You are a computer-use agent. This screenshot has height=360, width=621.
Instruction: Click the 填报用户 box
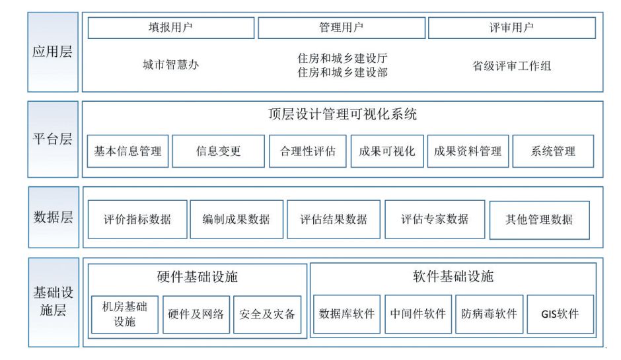pyautogui.click(x=170, y=28)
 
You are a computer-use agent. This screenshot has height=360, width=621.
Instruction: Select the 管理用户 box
pyautogui.click(x=341, y=28)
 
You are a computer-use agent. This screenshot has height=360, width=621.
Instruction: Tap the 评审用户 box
pyautogui.click(x=511, y=28)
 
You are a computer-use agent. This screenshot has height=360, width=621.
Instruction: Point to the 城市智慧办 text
pyautogui.click(x=170, y=65)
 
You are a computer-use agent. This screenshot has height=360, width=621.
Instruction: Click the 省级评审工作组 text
pyautogui.click(x=511, y=66)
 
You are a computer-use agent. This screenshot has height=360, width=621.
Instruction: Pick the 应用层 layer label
pyautogui.click(x=53, y=52)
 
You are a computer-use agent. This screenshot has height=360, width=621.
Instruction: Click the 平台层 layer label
pyautogui.click(x=53, y=139)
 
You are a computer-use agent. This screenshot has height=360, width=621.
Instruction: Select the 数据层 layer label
pyautogui.click(x=53, y=217)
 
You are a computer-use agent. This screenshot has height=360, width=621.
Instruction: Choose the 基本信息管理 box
pyautogui.click(x=128, y=151)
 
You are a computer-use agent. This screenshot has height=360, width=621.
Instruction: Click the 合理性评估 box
pyautogui.click(x=307, y=151)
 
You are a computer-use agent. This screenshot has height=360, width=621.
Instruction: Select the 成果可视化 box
pyautogui.click(x=387, y=151)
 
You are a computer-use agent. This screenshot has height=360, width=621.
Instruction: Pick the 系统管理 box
pyautogui.click(x=553, y=151)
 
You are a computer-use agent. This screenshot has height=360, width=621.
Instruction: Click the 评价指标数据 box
pyautogui.click(x=137, y=219)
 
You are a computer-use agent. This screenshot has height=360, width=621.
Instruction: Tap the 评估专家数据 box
pyautogui.click(x=435, y=219)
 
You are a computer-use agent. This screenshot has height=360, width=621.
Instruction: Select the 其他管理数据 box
pyautogui.click(x=539, y=219)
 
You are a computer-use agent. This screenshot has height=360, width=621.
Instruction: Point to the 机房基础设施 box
pyautogui.click(x=125, y=314)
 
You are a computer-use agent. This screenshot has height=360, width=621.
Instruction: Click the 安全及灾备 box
pyautogui.click(x=267, y=314)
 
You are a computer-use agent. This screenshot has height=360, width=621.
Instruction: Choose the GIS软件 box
pyautogui.click(x=560, y=314)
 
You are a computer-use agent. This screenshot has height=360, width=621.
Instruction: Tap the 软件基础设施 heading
pyautogui.click(x=453, y=276)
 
